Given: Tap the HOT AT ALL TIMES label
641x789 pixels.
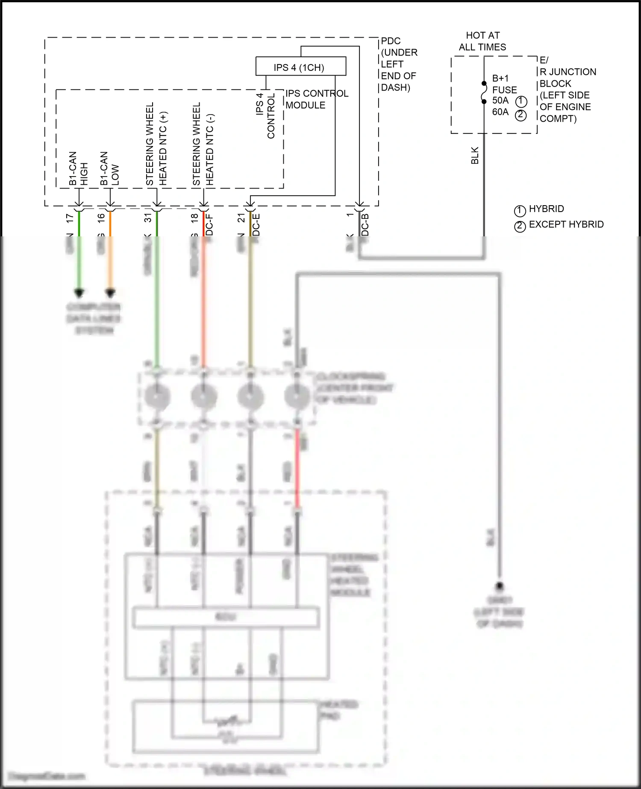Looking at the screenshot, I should pyautogui.click(x=482, y=41).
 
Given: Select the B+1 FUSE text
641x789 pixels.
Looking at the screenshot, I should pyautogui.click(x=504, y=84).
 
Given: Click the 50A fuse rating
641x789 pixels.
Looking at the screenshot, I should pyautogui.click(x=500, y=100).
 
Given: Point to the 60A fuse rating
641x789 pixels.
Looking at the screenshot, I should pyautogui.click(x=500, y=112).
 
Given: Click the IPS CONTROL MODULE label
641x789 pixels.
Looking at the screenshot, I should pyautogui.click(x=317, y=99).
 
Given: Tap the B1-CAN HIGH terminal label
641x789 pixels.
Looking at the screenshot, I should pyautogui.click(x=78, y=168).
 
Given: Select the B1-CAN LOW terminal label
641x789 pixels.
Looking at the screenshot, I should pyautogui.click(x=109, y=168).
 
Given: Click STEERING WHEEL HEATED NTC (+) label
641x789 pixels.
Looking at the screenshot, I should pyautogui.click(x=156, y=144).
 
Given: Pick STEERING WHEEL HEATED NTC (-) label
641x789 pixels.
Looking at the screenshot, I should pyautogui.click(x=203, y=144).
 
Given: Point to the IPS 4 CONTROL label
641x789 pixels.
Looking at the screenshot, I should pyautogui.click(x=265, y=116).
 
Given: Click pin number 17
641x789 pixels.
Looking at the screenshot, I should pyautogui.click(x=70, y=218).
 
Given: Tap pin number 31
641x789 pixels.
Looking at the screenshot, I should pyautogui.click(x=148, y=218).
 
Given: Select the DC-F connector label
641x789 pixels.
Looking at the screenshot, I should pyautogui.click(x=209, y=225).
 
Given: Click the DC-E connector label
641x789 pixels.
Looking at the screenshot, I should pyautogui.click(x=256, y=225).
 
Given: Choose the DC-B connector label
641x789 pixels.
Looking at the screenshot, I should pyautogui.click(x=365, y=225).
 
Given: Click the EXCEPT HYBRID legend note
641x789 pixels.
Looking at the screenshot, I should pyautogui.click(x=566, y=224).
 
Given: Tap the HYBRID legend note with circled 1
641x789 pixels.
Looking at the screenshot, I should pyautogui.click(x=546, y=209).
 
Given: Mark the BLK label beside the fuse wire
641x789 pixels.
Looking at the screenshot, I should pyautogui.click(x=475, y=156).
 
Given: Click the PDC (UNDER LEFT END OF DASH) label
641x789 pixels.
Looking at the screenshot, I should pyautogui.click(x=399, y=64).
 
